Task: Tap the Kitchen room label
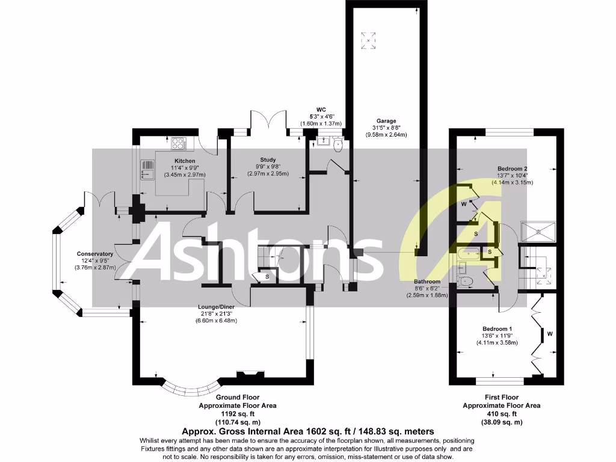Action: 185,161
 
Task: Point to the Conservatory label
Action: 95,254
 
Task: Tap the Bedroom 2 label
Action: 512,168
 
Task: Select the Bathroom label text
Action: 427,282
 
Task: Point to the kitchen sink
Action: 146,170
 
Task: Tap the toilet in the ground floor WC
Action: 337,144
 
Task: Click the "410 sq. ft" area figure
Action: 501,414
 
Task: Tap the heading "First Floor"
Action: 501,398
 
